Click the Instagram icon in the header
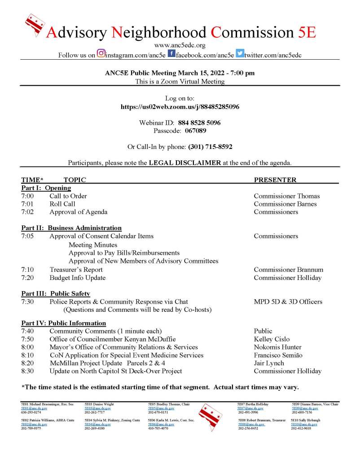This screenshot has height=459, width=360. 101,54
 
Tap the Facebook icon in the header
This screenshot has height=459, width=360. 171,54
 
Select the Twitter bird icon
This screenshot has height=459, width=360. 240,54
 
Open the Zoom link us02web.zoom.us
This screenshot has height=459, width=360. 180,107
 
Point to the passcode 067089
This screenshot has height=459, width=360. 195,131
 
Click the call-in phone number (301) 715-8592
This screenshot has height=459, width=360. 210,147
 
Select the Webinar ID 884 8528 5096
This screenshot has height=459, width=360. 199,122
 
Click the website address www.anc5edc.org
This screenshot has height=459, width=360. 180,45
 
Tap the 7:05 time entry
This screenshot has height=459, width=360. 27,236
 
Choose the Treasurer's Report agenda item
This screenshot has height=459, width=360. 76,270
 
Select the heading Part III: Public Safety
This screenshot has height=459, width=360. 56,293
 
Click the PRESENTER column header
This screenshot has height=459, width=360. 275,180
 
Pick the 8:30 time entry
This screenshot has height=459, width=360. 27,371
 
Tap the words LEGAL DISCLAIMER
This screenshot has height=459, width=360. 184,162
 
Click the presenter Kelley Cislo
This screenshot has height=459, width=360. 272,339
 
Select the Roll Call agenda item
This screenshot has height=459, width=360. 62,204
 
